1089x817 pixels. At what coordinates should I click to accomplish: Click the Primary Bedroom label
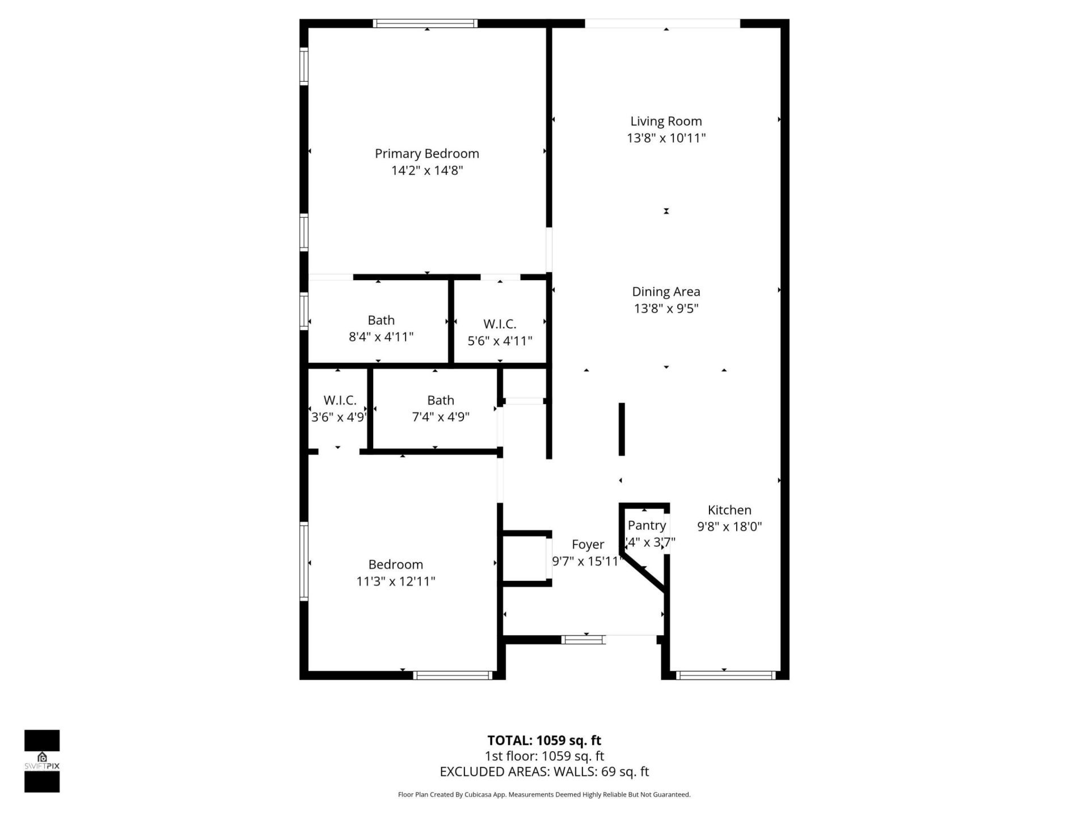coord(427,154)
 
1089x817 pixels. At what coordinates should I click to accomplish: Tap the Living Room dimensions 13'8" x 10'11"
coord(666,138)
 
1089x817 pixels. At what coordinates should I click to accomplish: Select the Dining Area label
coord(666,292)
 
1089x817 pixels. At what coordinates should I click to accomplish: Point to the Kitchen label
coord(729,510)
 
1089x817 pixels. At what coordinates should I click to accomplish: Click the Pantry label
coord(647,525)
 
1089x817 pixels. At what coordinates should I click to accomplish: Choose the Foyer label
coord(588,545)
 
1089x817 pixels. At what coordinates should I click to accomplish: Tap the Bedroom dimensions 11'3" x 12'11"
coord(395,581)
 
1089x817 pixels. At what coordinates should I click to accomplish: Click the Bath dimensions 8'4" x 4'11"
coord(381,337)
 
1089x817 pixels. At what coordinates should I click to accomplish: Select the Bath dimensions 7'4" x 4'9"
coord(440,417)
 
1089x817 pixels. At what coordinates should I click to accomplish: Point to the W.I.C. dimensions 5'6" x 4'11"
coord(500,341)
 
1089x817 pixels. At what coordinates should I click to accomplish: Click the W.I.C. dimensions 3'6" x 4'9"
coord(339,417)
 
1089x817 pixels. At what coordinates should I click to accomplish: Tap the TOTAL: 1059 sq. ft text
coord(544,740)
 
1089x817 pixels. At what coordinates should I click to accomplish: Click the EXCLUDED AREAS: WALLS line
coord(544,772)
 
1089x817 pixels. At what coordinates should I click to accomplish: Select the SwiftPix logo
coord(42,761)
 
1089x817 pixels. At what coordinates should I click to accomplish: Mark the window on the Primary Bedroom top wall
coord(425,23)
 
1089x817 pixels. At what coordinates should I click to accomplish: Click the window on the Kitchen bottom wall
coord(725,675)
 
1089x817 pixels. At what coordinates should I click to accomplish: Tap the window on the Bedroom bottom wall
coord(453,675)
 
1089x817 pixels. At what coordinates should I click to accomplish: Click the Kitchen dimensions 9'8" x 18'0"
coord(729,527)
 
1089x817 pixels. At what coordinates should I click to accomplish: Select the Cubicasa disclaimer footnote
coord(544,795)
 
